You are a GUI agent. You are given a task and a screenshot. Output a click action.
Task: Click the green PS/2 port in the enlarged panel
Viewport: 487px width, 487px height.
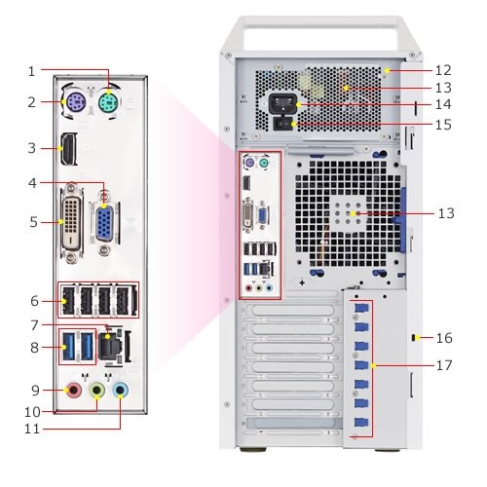point(108,103)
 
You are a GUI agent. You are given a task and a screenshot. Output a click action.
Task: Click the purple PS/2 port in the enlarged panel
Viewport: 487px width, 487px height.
point(75,103)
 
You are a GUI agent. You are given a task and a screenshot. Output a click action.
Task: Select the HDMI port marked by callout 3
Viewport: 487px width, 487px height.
point(68,149)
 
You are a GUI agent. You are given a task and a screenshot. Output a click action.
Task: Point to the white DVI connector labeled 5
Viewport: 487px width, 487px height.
point(71,224)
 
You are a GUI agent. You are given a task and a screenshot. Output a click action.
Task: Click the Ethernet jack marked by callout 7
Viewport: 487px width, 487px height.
point(112,346)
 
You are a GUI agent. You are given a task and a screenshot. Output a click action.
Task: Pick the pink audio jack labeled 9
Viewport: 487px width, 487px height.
point(74,390)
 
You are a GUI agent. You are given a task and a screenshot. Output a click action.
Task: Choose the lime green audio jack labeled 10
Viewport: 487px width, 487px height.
point(97,390)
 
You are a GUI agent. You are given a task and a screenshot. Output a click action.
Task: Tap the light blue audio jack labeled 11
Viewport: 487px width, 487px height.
point(120,390)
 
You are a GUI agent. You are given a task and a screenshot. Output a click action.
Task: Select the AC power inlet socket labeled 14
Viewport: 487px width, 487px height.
point(283,104)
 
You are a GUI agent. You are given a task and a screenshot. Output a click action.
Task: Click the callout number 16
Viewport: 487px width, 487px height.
point(444,338)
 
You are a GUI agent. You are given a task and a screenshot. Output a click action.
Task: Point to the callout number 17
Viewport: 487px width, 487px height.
point(444,365)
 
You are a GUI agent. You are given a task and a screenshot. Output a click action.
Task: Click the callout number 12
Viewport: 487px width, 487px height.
point(443,70)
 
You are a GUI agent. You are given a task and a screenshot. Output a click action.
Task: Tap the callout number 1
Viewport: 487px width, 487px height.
point(31,71)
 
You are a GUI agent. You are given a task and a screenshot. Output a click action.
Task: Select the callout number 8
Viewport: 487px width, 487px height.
point(34,348)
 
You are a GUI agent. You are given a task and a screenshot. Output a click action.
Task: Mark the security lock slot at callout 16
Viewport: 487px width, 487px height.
point(414,338)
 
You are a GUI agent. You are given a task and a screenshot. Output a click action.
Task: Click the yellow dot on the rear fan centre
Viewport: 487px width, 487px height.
point(353,213)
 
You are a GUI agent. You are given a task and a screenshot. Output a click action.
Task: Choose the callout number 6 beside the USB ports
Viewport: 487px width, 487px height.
point(34,301)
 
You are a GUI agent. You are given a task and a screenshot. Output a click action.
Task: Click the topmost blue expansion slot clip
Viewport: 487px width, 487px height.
point(361,308)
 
